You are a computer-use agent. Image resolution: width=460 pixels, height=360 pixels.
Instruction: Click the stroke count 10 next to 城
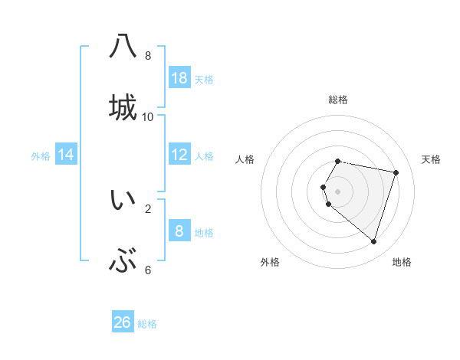tap(148, 117)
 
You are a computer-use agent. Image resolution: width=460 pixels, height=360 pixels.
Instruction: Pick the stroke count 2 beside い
tap(148, 208)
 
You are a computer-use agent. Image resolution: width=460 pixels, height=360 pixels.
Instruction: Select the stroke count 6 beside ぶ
tap(148, 270)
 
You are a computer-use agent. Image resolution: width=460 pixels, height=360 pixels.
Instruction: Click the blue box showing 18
tap(179, 78)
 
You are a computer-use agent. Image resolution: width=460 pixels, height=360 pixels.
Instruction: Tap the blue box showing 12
tap(179, 155)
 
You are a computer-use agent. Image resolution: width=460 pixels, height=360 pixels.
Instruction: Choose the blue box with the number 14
tap(66, 155)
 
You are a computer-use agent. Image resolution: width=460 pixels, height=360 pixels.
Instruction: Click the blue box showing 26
tap(123, 322)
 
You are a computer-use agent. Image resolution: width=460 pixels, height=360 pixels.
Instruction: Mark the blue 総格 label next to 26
tap(147, 324)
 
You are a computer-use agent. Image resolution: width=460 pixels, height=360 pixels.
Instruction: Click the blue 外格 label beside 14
tap(41, 156)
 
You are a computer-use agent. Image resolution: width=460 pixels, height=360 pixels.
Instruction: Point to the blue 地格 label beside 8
tap(204, 233)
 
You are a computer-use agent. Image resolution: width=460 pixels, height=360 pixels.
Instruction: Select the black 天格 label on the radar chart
tap(431, 159)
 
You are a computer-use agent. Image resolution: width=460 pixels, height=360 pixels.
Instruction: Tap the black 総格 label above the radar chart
tap(338, 100)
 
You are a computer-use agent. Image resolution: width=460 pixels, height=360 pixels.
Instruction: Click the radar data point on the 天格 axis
tap(396, 172)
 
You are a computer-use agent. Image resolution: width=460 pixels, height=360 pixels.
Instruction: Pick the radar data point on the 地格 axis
tap(373, 241)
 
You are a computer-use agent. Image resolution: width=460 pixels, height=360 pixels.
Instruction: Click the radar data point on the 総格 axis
tap(338, 161)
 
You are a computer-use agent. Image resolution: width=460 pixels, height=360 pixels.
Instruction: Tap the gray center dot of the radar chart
tap(338, 191)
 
